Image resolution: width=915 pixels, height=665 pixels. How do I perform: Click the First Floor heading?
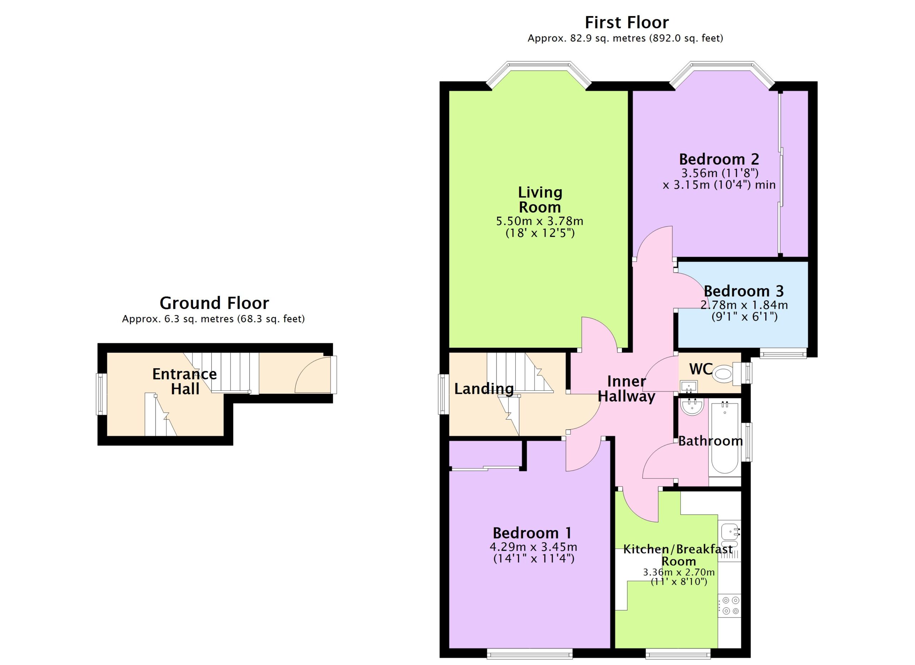click(627, 22)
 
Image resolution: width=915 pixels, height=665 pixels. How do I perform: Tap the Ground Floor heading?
click(214, 302)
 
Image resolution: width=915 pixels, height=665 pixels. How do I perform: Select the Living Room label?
click(540, 200)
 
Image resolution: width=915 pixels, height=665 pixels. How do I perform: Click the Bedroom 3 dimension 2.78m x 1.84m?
click(744, 305)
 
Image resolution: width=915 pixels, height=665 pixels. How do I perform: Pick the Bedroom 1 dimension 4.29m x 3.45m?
click(533, 547)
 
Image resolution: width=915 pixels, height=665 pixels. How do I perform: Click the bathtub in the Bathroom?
click(724, 438)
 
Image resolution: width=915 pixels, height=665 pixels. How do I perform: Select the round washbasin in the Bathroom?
click(692, 407)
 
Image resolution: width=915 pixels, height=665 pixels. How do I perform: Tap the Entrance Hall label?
click(185, 381)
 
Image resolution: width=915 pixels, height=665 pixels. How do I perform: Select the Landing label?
click(484, 389)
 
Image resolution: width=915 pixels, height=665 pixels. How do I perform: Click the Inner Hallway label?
click(626, 389)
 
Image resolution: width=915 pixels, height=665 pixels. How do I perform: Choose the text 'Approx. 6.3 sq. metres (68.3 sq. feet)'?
click(213, 319)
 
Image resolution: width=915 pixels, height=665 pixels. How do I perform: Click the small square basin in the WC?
click(689, 387)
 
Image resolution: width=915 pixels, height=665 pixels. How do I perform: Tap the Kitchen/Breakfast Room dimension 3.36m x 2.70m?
click(679, 572)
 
